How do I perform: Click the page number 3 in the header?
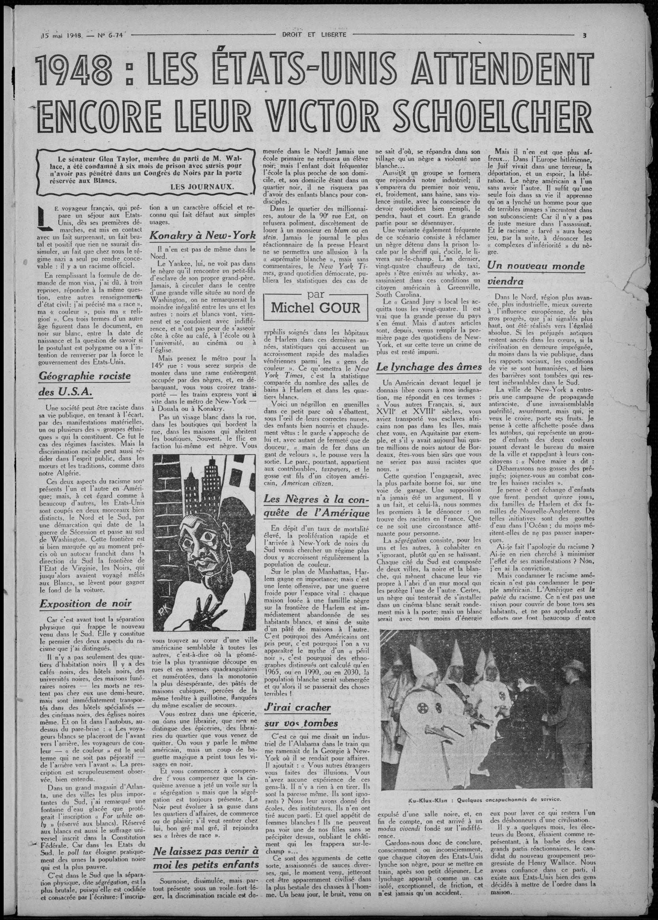point(584,35)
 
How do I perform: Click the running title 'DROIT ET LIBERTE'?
point(314,34)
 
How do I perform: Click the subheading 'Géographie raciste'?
point(85,376)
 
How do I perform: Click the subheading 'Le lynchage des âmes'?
point(429,367)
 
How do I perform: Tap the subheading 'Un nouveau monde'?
point(536,266)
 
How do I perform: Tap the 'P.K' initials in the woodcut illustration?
point(161,620)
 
